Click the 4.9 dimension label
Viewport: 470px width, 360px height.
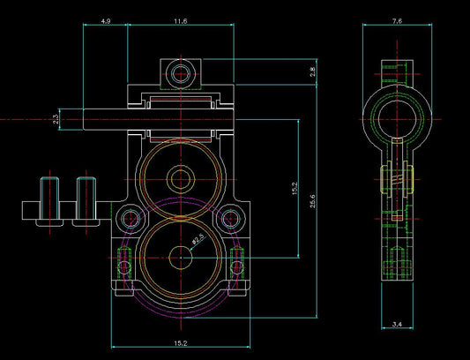106,21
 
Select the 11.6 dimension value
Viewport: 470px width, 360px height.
181,21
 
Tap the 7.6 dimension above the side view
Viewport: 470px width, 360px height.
397,21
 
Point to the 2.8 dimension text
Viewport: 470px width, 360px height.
313,72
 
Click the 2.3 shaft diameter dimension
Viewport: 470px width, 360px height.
56,119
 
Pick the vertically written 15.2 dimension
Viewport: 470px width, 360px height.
295,189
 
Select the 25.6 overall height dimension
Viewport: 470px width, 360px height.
313,201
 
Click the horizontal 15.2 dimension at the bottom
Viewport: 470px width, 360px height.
181,343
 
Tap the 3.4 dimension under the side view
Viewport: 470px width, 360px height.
397,324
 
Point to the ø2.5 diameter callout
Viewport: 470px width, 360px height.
198,239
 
